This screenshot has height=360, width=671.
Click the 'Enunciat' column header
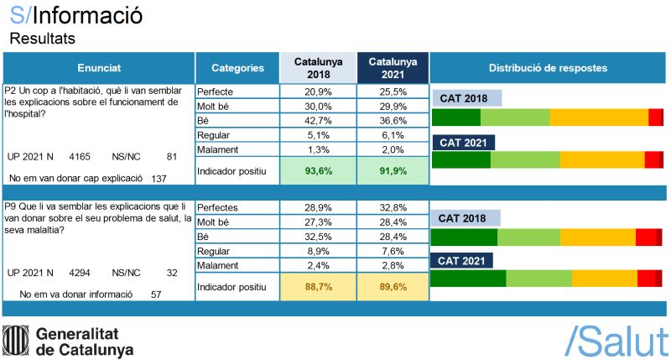tap(99, 68)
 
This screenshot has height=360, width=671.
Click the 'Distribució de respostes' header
tap(548, 68)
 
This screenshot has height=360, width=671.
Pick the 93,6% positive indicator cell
tap(319, 170)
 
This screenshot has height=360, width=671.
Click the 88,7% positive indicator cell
tap(319, 286)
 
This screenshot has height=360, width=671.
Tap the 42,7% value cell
tap(319, 120)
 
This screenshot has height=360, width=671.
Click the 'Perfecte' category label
tap(216, 91)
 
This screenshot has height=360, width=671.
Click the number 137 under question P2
tap(159, 179)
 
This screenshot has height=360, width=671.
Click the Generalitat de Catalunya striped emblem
tap(17, 340)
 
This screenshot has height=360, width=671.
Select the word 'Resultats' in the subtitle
tap(42, 39)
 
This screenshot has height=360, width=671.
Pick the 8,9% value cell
tap(319, 250)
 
